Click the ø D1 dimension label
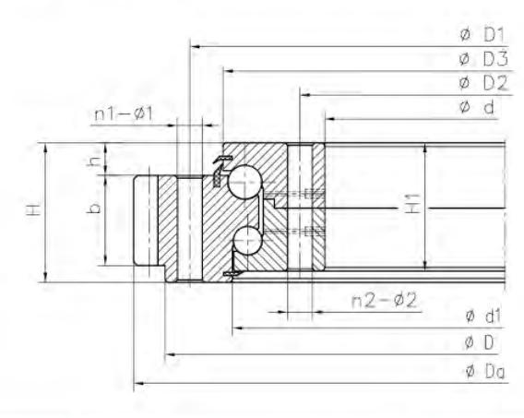pyautogui.click(x=482, y=35)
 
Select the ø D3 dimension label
pyautogui.click(x=483, y=59)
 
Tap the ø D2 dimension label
pyautogui.click(x=483, y=83)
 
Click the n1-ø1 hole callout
pyautogui.click(x=124, y=113)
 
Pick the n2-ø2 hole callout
pyautogui.click(x=385, y=301)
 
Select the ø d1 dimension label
pyautogui.click(x=483, y=316)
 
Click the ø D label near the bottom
pyautogui.click(x=479, y=342)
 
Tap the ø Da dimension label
pyautogui.click(x=485, y=371)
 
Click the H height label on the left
pyautogui.click(x=34, y=209)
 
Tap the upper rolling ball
pyautogui.click(x=245, y=182)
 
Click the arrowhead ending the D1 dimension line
pyautogui.click(x=196, y=46)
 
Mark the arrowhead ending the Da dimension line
pyautogui.click(x=139, y=383)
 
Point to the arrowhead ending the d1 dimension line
pyautogui.click(x=238, y=328)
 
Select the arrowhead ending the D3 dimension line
pyautogui.click(x=229, y=71)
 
